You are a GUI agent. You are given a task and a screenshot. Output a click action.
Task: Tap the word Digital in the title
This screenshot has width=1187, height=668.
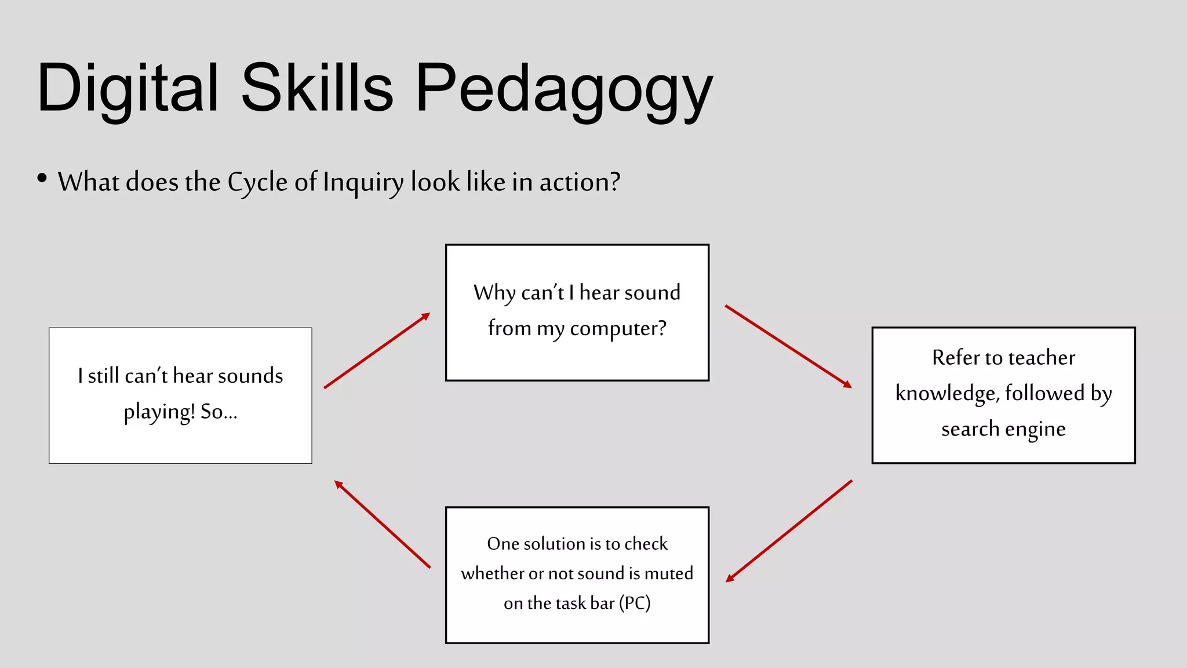[128, 88]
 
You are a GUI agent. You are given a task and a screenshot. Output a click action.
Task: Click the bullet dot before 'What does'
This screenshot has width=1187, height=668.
[42, 178]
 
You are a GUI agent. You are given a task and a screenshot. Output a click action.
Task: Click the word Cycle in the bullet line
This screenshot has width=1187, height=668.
[257, 183]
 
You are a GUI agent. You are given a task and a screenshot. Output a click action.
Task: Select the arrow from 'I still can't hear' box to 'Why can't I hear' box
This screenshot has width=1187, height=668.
[377, 351]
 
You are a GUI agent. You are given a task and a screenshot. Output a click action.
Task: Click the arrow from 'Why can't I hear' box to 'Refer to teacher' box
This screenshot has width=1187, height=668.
[788, 346]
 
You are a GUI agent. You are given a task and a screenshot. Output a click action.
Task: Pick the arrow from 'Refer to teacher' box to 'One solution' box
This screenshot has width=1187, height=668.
[789, 531]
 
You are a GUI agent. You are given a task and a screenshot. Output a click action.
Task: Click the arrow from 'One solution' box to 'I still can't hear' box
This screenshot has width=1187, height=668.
[383, 524]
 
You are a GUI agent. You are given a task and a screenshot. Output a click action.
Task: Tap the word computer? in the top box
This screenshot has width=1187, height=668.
[618, 329]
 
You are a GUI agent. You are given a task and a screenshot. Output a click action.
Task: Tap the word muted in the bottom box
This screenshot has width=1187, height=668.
[668, 573]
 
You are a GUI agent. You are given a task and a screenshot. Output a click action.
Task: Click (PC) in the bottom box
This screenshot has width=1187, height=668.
[635, 603]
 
